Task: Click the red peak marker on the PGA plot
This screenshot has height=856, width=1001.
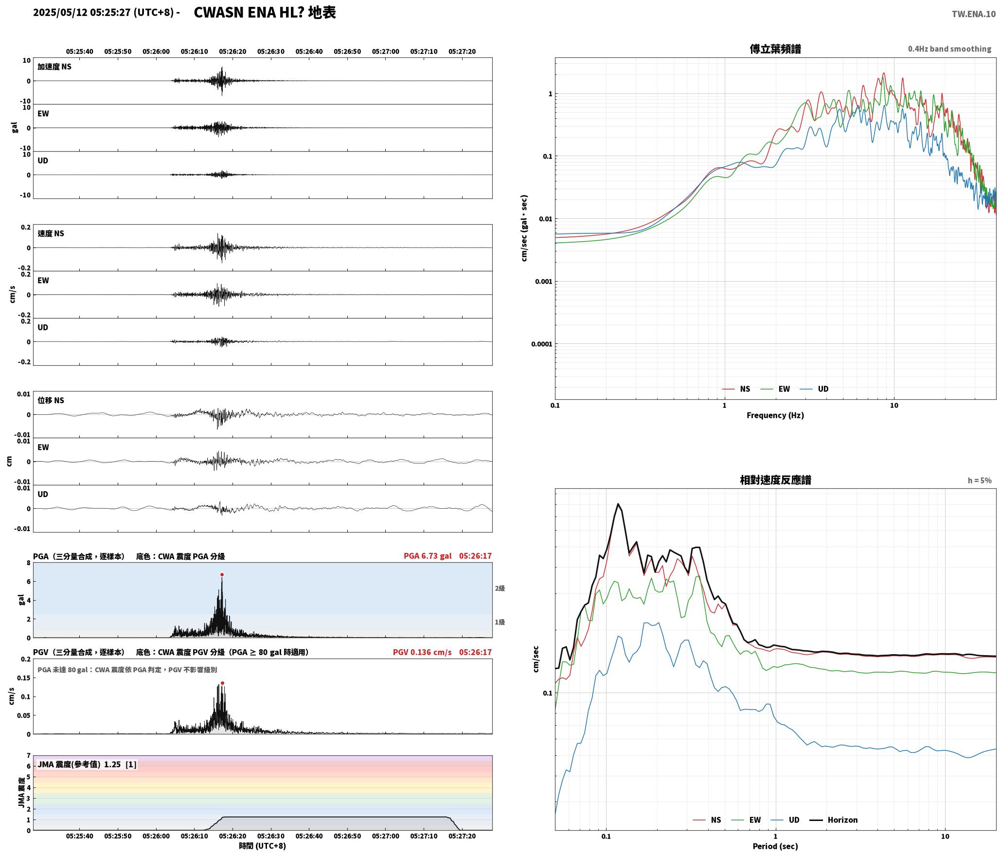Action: pyautogui.click(x=222, y=574)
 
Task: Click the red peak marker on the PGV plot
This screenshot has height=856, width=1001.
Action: pyautogui.click(x=222, y=683)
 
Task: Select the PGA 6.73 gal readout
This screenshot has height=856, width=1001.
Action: pyautogui.click(x=428, y=556)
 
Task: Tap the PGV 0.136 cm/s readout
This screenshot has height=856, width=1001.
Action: pyautogui.click(x=422, y=652)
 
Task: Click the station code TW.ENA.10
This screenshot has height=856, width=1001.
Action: pyautogui.click(x=974, y=14)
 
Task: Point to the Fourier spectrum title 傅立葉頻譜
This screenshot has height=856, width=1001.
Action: pyautogui.click(x=775, y=49)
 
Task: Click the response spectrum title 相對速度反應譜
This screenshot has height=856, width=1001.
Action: pyautogui.click(x=775, y=480)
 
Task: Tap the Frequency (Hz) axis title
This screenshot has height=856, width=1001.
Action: pyautogui.click(x=775, y=415)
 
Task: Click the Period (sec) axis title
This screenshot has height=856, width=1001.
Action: pyautogui.click(x=775, y=846)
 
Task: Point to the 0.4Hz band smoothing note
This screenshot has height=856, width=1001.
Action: pyautogui.click(x=949, y=49)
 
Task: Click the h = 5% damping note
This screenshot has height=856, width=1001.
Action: pyautogui.click(x=980, y=481)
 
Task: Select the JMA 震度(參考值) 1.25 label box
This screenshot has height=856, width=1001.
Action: pyautogui.click(x=87, y=764)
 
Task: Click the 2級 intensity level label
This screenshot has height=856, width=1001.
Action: pyautogui.click(x=500, y=588)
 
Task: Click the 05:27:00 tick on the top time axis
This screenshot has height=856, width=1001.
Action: pyautogui.click(x=385, y=52)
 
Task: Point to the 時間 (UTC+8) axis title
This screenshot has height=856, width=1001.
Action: pyautogui.click(x=263, y=846)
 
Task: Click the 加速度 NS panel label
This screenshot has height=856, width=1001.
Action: pyautogui.click(x=54, y=67)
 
